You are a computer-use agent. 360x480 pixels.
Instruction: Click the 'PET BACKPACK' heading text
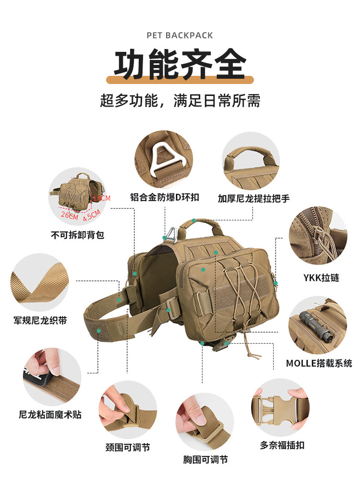[x=180, y=36]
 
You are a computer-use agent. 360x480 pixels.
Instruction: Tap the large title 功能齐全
[x=180, y=64]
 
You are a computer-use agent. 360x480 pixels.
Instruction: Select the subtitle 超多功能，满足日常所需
[x=180, y=100]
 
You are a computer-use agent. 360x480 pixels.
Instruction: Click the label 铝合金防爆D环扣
[x=165, y=197]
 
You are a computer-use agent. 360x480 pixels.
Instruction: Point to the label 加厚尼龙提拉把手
[x=253, y=199]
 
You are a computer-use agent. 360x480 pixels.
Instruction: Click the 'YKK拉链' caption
[x=321, y=277]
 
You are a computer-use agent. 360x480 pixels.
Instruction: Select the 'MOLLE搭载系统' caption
[x=319, y=363]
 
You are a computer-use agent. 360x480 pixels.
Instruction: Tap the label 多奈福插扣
[x=282, y=445]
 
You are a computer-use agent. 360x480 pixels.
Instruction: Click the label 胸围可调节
[x=205, y=459]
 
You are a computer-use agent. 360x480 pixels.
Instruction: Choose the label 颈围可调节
[x=128, y=447]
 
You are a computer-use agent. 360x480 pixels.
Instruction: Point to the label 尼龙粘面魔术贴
[x=50, y=415]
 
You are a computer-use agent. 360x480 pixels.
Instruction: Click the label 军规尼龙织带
[x=40, y=321]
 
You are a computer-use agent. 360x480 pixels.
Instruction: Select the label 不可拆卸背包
[x=77, y=235]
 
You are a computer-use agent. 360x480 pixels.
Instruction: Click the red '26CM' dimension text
[x=70, y=215]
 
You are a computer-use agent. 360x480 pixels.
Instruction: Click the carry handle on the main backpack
[x=201, y=226]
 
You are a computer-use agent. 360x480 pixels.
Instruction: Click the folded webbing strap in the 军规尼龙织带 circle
[x=39, y=284]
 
